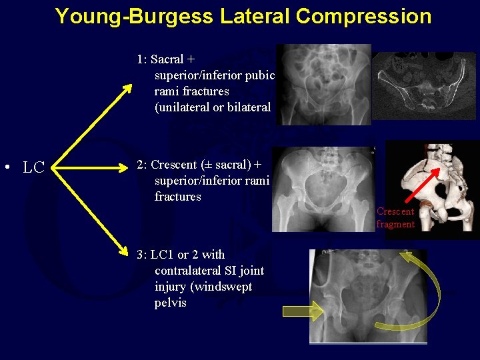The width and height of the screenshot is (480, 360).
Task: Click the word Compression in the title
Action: (x=363, y=16)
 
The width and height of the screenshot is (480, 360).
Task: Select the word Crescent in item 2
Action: (x=174, y=165)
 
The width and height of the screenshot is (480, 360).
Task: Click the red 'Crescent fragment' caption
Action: (x=395, y=218)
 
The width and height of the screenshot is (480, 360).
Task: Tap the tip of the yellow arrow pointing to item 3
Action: (x=128, y=254)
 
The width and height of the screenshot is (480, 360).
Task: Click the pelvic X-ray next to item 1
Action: (x=324, y=85)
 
